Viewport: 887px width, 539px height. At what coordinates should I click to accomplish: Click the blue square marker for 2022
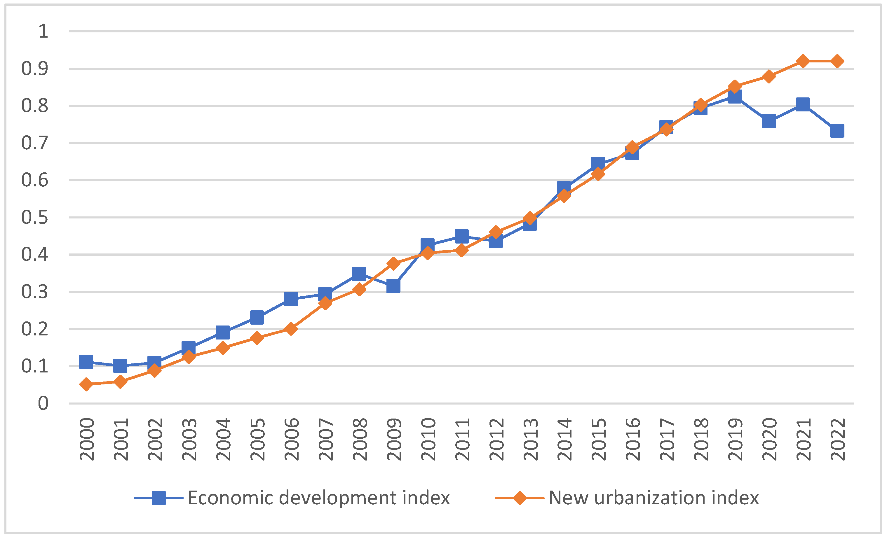[837, 131]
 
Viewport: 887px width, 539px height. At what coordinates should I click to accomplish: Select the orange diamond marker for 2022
[837, 61]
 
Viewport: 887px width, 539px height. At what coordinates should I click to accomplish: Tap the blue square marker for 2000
[86, 362]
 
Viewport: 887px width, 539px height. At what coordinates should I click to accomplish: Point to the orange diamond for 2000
[86, 384]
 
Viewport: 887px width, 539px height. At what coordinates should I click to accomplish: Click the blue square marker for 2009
[393, 286]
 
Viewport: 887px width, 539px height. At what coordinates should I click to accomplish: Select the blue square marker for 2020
[768, 122]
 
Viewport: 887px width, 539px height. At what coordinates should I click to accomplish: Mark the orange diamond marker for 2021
[803, 61]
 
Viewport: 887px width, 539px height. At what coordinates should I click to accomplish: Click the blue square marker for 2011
[461, 237]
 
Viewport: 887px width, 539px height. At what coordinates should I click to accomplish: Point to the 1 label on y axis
[43, 31]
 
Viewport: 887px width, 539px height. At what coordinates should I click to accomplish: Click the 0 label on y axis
[43, 403]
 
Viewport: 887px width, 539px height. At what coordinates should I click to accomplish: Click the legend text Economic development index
[319, 498]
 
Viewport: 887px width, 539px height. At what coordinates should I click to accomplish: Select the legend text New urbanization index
[654, 498]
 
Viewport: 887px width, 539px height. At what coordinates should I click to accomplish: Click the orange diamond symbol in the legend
[520, 498]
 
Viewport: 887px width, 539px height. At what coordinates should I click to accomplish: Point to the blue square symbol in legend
[159, 498]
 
